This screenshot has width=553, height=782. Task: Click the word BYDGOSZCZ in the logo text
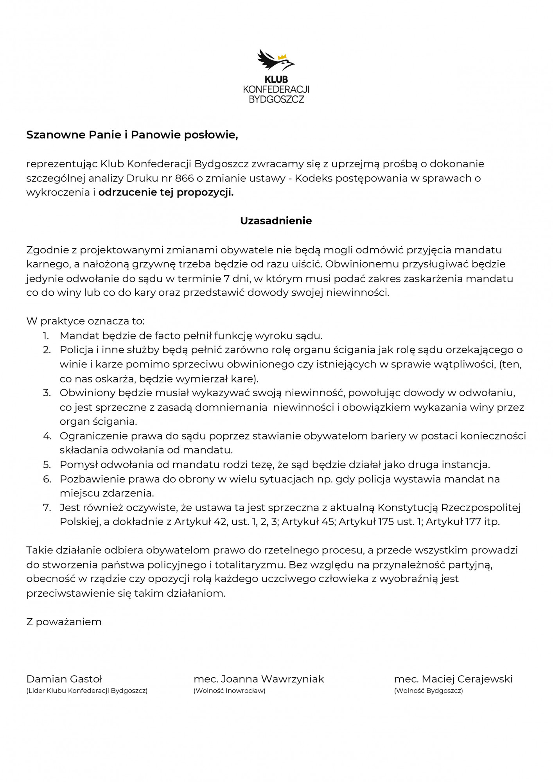(x=276, y=99)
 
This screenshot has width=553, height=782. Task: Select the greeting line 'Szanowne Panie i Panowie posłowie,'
(x=132, y=135)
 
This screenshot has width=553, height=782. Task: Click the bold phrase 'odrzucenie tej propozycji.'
(x=166, y=193)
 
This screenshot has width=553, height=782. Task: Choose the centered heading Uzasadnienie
(x=276, y=221)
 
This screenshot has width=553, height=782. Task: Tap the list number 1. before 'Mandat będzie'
(x=46, y=335)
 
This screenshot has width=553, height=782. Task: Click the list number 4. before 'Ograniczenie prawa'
(x=47, y=436)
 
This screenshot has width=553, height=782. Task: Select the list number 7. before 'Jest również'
(x=47, y=508)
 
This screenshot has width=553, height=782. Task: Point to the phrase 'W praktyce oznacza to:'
(x=85, y=321)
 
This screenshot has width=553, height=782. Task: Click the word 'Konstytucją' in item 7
(x=408, y=508)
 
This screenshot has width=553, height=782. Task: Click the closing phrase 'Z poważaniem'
(x=64, y=622)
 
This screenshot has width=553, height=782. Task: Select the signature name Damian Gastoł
(x=64, y=679)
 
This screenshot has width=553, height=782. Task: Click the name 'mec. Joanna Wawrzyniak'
(x=259, y=679)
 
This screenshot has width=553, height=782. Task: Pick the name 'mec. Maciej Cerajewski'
(x=453, y=679)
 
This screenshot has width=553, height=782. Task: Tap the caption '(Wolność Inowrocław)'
(x=230, y=691)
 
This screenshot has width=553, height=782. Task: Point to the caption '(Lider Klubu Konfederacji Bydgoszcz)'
(x=87, y=691)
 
